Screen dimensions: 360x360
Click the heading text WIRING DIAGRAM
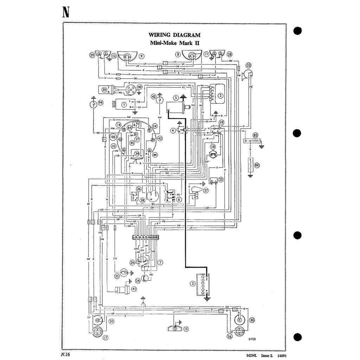(174, 35)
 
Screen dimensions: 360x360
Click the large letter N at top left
(65, 12)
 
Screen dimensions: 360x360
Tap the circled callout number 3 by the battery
(193, 283)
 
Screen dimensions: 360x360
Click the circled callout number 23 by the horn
(249, 65)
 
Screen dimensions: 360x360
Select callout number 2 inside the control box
(220, 95)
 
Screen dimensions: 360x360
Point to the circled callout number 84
(257, 165)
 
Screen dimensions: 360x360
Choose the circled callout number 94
(101, 103)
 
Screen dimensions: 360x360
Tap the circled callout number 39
(104, 90)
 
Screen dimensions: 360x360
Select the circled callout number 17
(105, 338)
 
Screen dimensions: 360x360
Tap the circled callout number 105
(113, 137)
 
